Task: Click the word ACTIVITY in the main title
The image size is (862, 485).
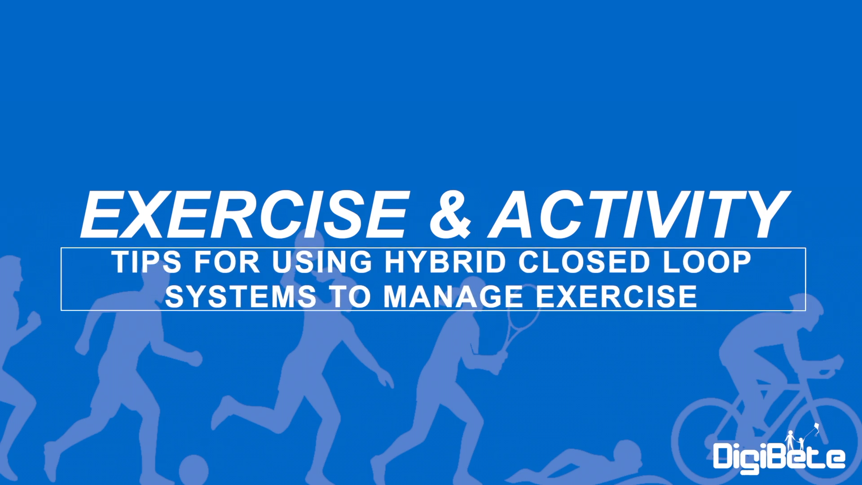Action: (639, 214)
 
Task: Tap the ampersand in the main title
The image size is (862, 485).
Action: (450, 214)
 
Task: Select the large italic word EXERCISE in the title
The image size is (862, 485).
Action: (245, 214)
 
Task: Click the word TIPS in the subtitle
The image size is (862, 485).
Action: (147, 262)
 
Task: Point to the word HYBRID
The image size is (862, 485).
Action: (445, 262)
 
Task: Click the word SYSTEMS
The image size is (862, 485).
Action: (241, 296)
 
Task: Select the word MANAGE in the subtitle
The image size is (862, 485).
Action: (453, 296)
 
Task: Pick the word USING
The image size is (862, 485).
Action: (322, 262)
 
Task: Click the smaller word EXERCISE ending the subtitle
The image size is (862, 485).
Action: (616, 296)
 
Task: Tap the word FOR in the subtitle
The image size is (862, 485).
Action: (227, 262)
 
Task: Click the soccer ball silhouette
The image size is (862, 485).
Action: (194, 470)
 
